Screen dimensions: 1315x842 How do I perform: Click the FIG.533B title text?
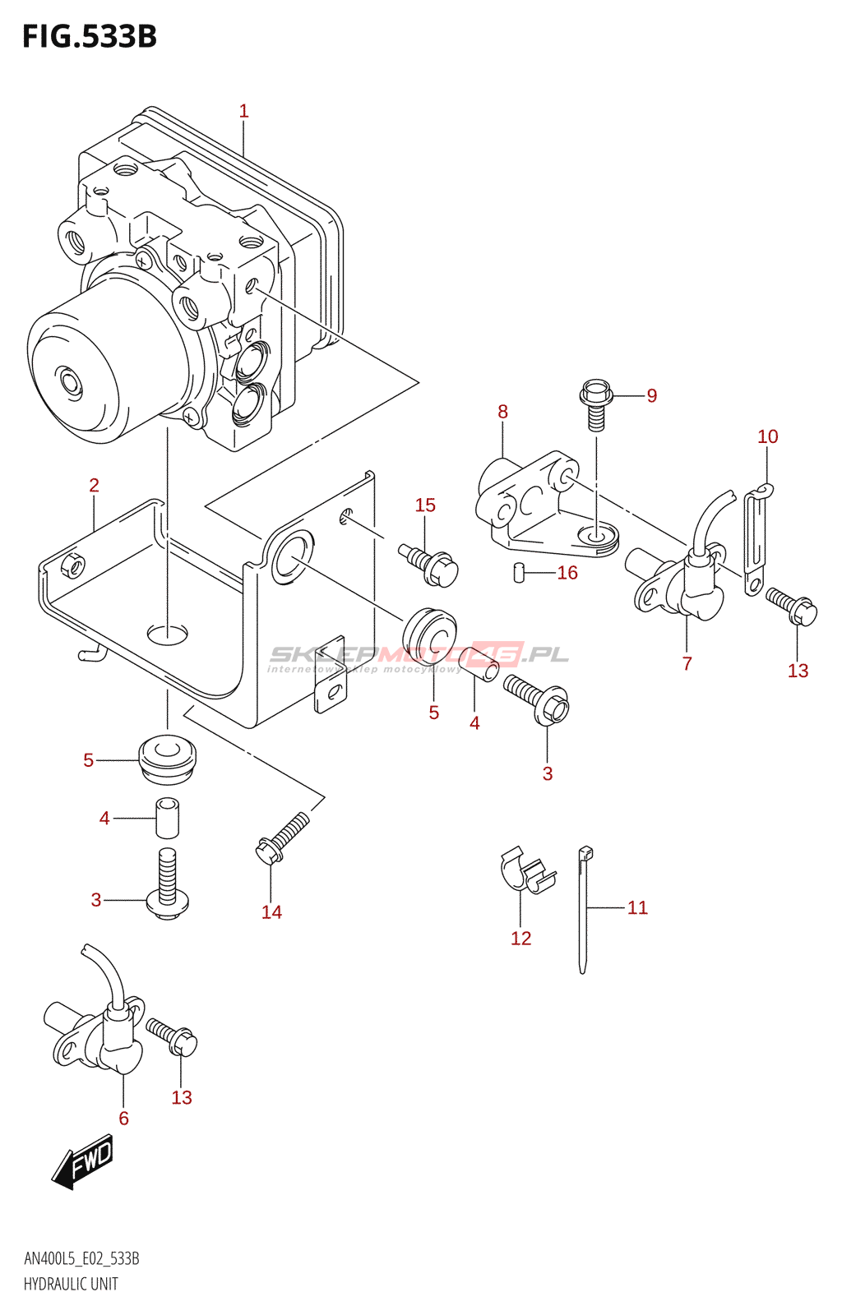[89, 37]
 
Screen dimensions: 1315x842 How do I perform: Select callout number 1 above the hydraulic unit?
[243, 111]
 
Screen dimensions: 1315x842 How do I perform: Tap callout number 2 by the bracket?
[94, 486]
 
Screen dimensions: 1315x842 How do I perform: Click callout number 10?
[767, 436]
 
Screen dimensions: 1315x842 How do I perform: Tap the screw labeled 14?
[282, 838]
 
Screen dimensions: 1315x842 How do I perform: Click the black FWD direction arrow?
[82, 1160]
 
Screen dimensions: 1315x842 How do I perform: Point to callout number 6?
[123, 1118]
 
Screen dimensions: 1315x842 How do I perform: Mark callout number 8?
[502, 412]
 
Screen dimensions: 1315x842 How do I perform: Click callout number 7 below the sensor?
[687, 663]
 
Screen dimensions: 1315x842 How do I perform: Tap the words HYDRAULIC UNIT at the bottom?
[71, 1284]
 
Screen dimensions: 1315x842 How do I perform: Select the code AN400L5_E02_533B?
[81, 1258]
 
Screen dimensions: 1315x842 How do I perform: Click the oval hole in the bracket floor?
[167, 634]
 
